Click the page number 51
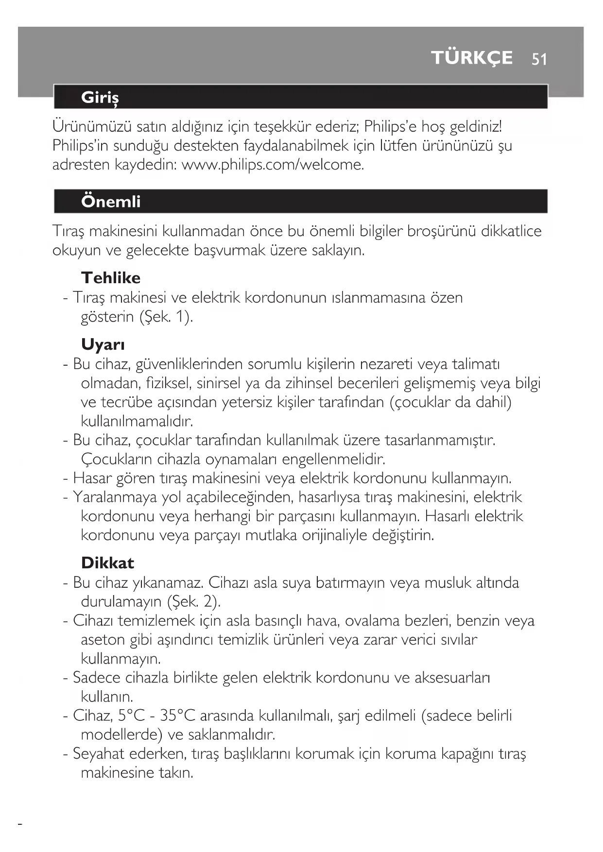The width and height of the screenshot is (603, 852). point(539,59)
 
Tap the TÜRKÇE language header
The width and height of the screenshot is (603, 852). point(471,58)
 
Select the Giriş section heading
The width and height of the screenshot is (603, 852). point(100,98)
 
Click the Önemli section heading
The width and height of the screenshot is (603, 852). point(111,202)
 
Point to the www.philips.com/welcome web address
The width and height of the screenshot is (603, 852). point(273,165)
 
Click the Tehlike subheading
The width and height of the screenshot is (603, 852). point(111,278)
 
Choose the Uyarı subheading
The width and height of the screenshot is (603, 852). point(103,344)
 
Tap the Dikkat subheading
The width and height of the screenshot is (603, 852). point(107,563)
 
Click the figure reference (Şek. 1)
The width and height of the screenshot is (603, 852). point(166,317)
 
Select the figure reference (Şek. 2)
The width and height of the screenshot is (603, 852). point(193,602)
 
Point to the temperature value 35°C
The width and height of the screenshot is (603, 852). point(177,716)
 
